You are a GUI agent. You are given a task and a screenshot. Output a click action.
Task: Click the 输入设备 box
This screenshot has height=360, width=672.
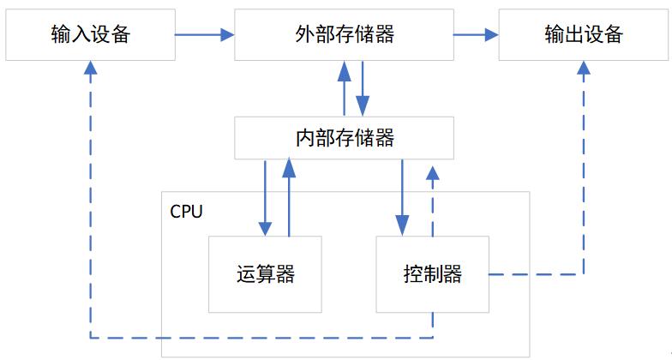pyautogui.click(x=90, y=35)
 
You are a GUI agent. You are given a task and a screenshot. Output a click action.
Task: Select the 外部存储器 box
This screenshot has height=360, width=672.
pyautogui.click(x=343, y=35)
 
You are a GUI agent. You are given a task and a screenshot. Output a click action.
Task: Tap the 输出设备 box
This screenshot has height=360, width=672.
pyautogui.click(x=583, y=35)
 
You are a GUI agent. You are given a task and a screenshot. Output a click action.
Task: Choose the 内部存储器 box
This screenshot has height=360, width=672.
pyautogui.click(x=343, y=137)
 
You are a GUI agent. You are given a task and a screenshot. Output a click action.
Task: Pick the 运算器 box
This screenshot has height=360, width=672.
pyautogui.click(x=266, y=274)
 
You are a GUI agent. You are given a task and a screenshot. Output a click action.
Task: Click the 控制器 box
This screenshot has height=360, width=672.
pyautogui.click(x=432, y=274)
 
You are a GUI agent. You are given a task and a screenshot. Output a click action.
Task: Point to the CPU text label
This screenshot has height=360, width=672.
pyautogui.click(x=187, y=212)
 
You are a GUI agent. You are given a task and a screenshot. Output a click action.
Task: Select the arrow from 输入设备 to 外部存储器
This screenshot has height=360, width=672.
pyautogui.click(x=205, y=35)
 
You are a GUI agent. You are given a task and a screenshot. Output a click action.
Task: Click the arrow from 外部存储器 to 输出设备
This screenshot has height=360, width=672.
pyautogui.click(x=476, y=35)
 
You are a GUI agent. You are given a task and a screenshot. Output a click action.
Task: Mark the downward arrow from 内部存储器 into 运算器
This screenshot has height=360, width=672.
pyautogui.click(x=266, y=197)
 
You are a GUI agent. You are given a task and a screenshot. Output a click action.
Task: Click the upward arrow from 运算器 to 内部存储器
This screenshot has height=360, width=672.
pyautogui.click(x=289, y=197)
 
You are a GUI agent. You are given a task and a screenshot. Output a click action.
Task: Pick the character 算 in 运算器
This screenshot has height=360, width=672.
pyautogui.click(x=266, y=274)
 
